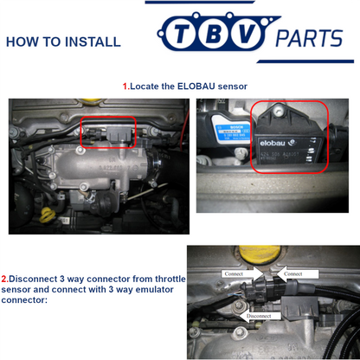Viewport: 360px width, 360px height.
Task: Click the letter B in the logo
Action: tap(213, 37)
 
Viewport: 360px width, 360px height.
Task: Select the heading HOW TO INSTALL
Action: tap(63, 42)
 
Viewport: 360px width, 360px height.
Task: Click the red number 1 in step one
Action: tap(125, 87)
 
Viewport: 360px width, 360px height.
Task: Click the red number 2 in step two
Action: tap(4, 279)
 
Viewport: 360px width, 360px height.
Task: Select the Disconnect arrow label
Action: tap(259, 317)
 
